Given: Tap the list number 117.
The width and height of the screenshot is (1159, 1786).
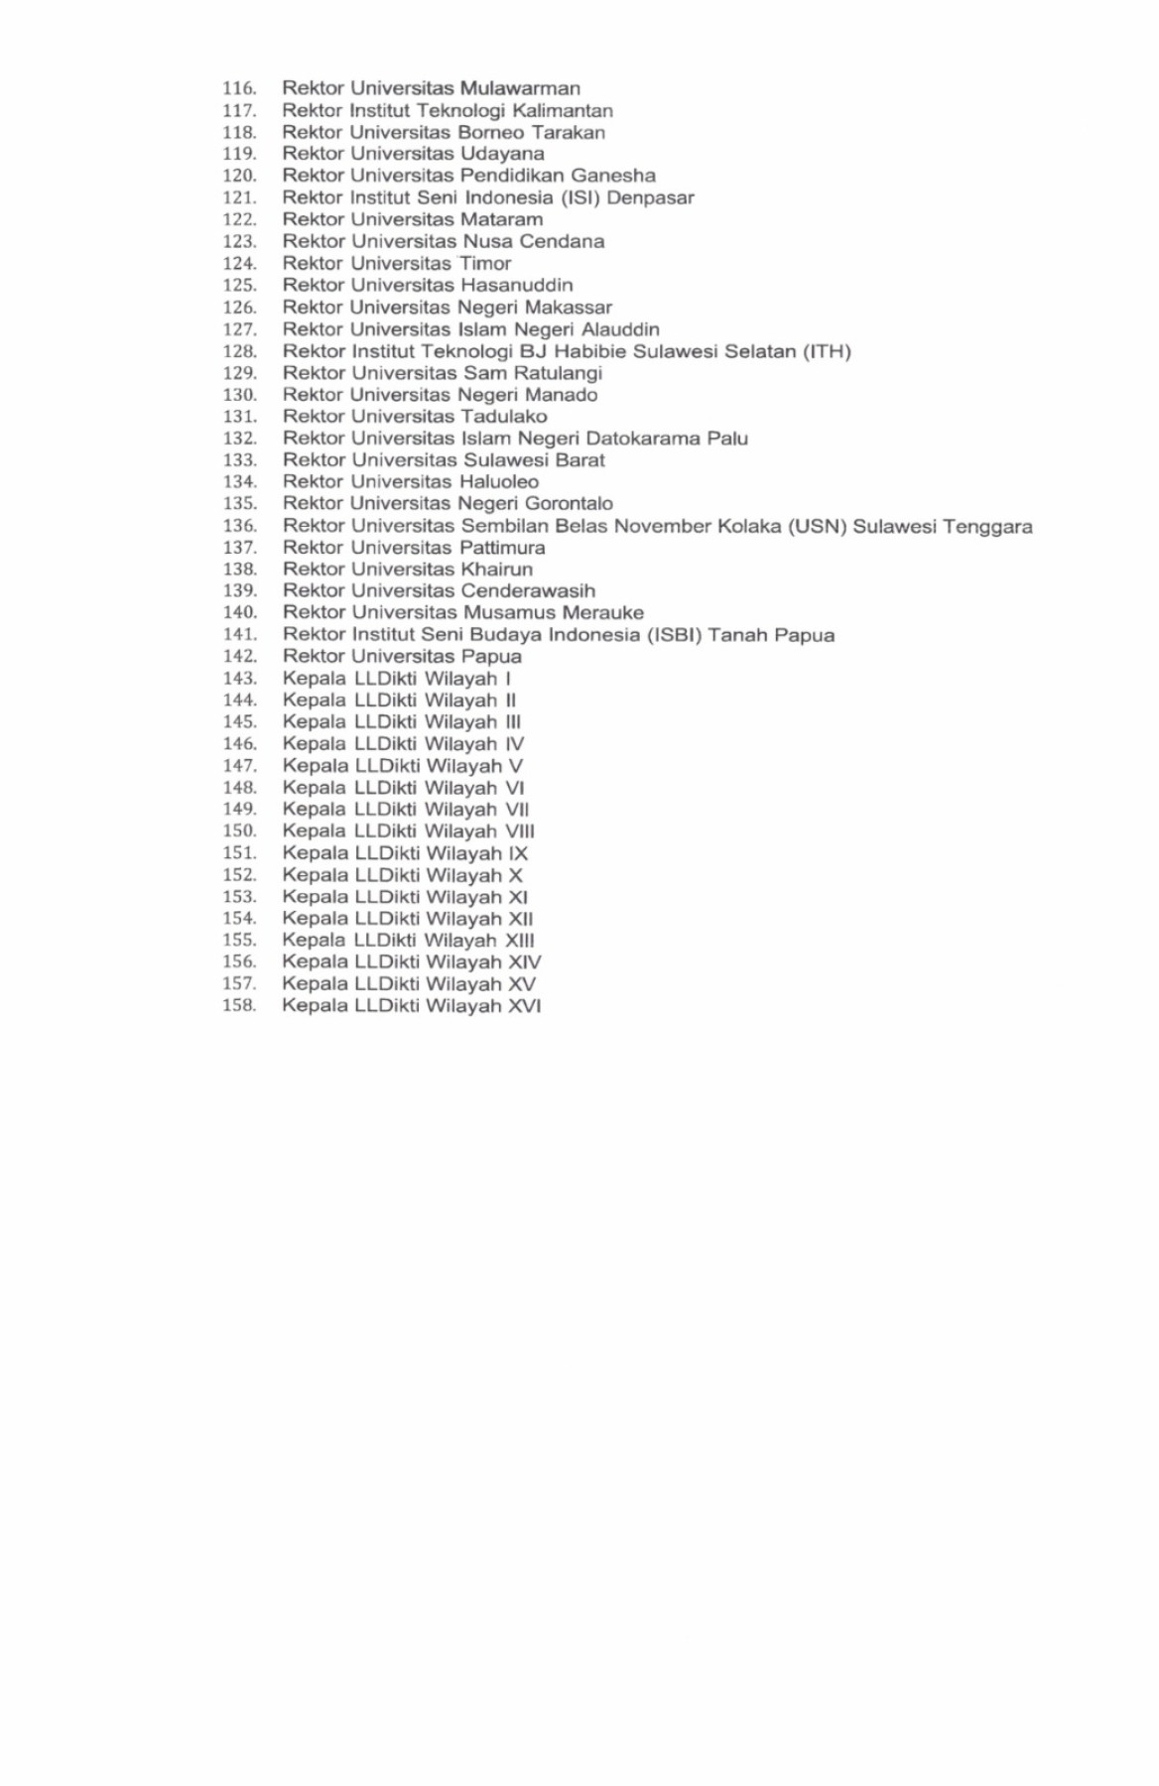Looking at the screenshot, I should point(238,111).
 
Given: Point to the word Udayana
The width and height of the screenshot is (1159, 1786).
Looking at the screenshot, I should point(502,154).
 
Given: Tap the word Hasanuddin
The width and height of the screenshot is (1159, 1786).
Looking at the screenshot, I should point(516,285).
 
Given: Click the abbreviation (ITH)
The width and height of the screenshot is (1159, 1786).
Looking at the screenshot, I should point(827,351).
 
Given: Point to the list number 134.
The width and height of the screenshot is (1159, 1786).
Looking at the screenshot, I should point(239,482).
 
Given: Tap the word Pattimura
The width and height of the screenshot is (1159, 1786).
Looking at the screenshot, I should point(502,548).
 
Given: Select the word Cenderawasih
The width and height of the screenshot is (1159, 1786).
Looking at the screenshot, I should point(528,591).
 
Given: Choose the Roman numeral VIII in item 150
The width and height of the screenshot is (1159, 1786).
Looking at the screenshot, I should point(519,831).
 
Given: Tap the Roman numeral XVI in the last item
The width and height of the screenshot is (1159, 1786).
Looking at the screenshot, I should point(524,1006).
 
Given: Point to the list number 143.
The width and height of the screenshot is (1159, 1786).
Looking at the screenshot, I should point(239,679).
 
